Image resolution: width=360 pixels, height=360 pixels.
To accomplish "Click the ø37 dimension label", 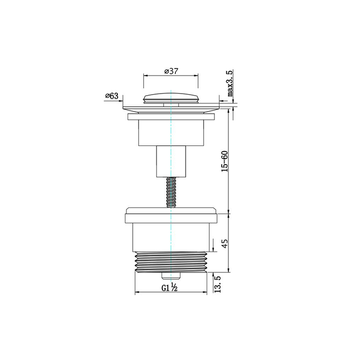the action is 171,71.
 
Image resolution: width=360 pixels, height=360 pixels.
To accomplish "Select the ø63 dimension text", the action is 112,96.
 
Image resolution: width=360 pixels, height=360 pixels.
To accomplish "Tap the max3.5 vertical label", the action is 230,83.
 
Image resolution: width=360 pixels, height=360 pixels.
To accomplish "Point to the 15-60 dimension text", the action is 224,161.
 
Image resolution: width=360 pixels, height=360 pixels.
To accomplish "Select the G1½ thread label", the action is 169,287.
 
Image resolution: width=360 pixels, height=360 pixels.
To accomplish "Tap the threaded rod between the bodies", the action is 171,192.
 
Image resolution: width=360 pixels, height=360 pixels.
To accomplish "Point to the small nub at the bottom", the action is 171,276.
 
